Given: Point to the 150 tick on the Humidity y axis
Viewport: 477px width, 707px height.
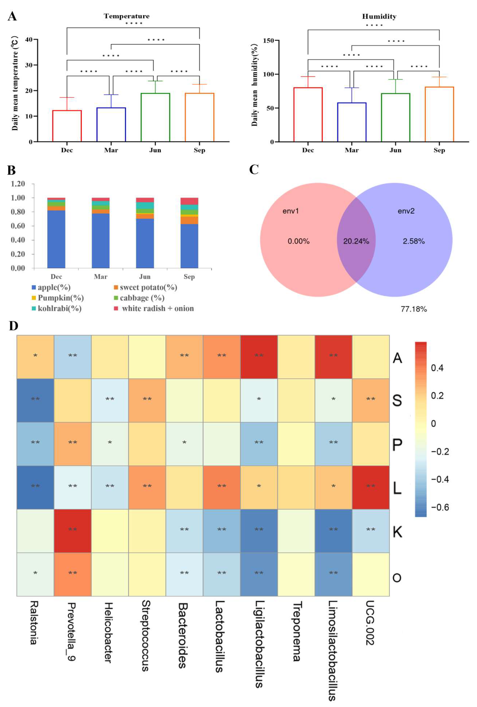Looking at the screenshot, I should (268, 40).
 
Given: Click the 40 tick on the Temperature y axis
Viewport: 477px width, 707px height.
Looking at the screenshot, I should (29, 40).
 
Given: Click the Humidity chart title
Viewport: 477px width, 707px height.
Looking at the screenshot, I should (379, 16).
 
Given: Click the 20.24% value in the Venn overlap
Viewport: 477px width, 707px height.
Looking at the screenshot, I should (356, 241).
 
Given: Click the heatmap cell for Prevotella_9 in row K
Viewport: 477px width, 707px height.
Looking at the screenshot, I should (72, 531).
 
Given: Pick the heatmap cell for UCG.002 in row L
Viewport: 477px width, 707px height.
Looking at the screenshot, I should (370, 487).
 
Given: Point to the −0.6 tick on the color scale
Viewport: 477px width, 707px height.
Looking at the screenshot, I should (440, 507).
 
